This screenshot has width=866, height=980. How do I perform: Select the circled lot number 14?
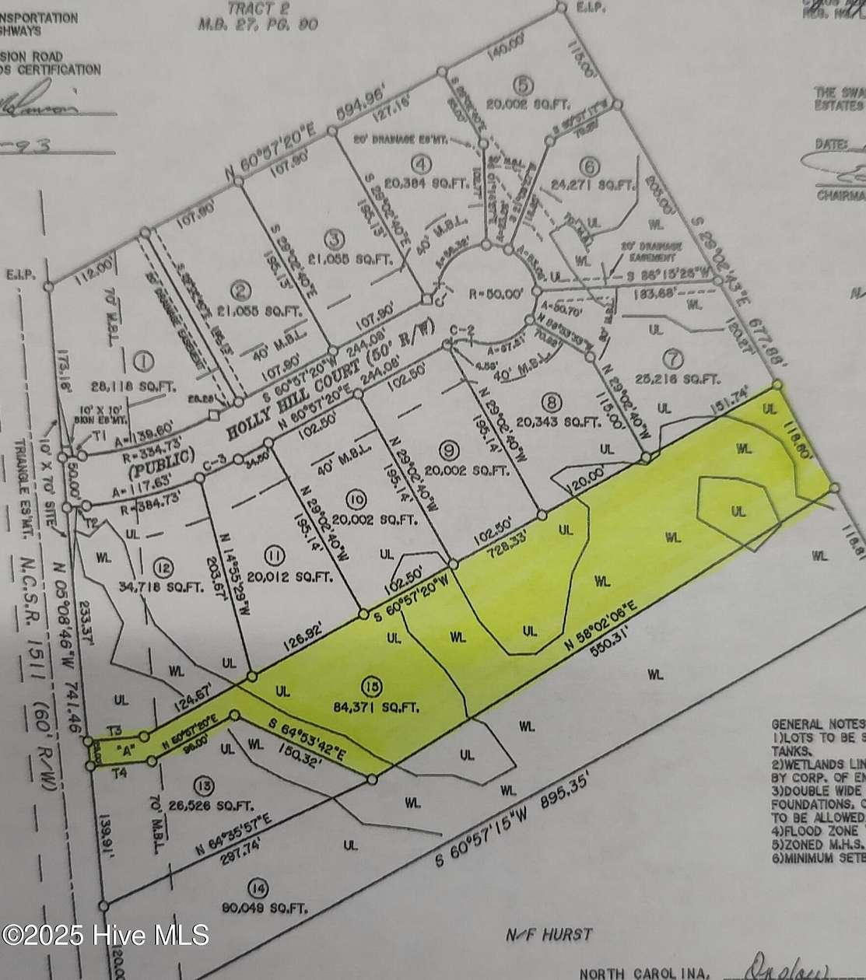pos(256,887)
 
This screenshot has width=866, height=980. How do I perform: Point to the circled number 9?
pos(447,449)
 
